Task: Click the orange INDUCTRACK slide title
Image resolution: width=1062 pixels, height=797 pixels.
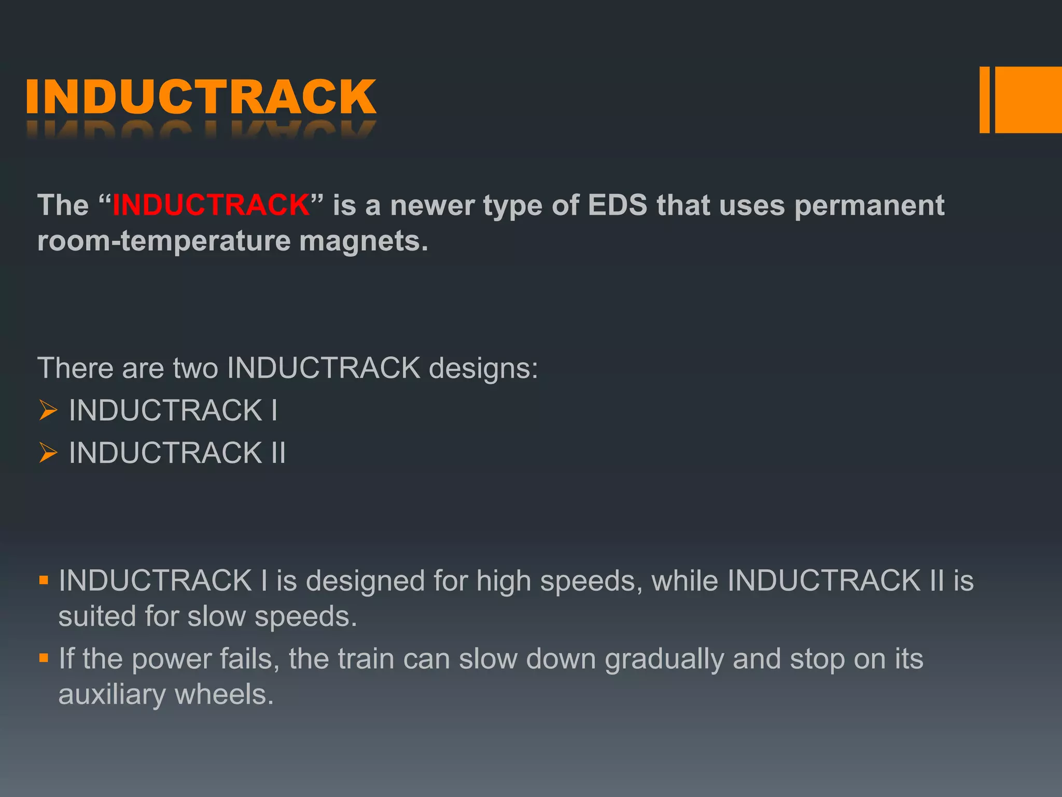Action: (x=200, y=97)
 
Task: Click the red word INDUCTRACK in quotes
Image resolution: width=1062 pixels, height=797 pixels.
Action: (x=211, y=205)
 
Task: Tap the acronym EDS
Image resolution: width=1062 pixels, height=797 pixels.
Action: (x=617, y=205)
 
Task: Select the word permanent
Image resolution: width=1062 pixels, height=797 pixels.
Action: (x=869, y=205)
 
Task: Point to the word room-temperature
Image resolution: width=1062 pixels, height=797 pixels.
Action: (x=164, y=241)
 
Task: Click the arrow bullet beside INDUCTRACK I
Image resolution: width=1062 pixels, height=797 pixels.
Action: (x=48, y=410)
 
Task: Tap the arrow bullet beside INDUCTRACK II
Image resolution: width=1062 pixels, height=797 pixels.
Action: (x=48, y=452)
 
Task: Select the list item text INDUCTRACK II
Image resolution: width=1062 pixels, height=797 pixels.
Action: (x=177, y=452)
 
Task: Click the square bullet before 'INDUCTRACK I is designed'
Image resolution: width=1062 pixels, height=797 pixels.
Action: (x=44, y=580)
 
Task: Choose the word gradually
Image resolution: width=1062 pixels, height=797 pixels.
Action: (x=664, y=659)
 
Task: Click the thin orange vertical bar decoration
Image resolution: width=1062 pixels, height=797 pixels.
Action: (x=984, y=100)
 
